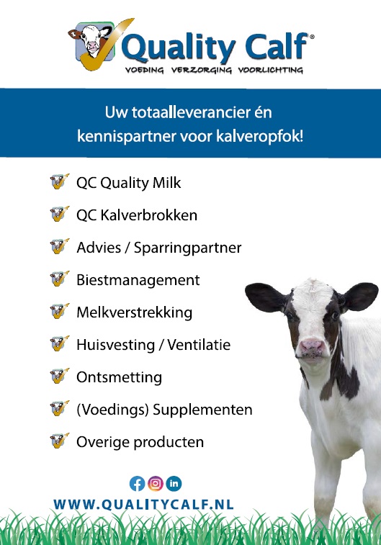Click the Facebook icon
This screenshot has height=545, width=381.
point(137,484)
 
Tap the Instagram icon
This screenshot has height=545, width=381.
point(156,484)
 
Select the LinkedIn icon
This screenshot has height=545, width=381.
point(174,484)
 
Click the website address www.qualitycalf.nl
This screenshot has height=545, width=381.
point(143,505)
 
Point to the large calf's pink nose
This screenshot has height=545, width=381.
point(312,346)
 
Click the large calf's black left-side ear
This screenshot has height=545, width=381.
point(266,297)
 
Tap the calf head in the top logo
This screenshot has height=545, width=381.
point(91,41)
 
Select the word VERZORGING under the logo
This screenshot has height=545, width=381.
point(201,71)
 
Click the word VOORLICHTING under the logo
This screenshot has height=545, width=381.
point(271,71)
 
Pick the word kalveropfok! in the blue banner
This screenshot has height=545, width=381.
point(260,136)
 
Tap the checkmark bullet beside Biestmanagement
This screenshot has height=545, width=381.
point(60,279)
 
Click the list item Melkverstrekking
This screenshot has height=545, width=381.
point(134,312)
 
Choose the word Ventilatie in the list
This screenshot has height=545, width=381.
point(199,345)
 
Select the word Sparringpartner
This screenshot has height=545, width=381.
point(188,248)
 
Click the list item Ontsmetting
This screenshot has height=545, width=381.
point(120,377)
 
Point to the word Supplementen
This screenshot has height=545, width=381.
point(202,410)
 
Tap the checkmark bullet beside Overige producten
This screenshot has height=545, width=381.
point(60,441)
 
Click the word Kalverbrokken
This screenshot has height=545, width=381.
point(149,215)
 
